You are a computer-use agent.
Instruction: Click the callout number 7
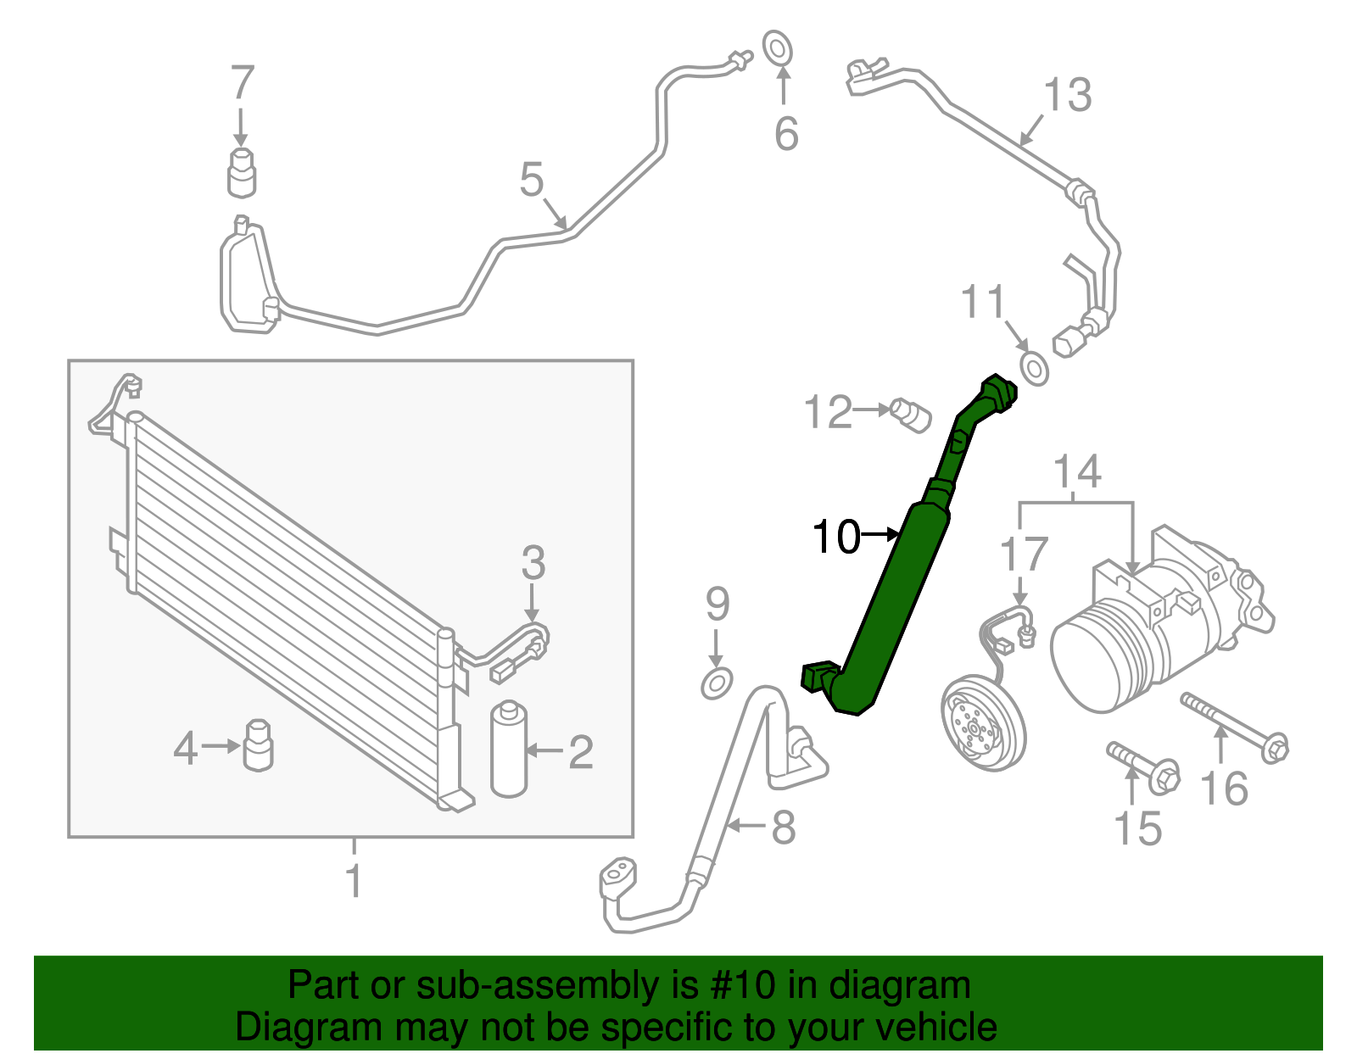[x=242, y=83]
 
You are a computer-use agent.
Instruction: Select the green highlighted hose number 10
[x=899, y=594]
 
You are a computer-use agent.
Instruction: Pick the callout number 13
[x=1068, y=95]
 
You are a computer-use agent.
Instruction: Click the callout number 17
[x=1025, y=555]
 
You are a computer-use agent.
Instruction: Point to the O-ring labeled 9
[x=717, y=682]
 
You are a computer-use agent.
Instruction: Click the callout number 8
[x=783, y=827]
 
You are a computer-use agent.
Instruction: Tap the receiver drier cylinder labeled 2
[x=509, y=749]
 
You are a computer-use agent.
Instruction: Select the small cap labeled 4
[x=258, y=745]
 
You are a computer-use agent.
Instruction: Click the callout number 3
[x=533, y=563]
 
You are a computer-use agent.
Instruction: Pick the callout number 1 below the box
[x=354, y=880]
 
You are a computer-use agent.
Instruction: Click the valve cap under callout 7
[x=243, y=172]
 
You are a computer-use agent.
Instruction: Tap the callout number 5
[x=532, y=180]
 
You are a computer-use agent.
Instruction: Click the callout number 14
[x=1077, y=471]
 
